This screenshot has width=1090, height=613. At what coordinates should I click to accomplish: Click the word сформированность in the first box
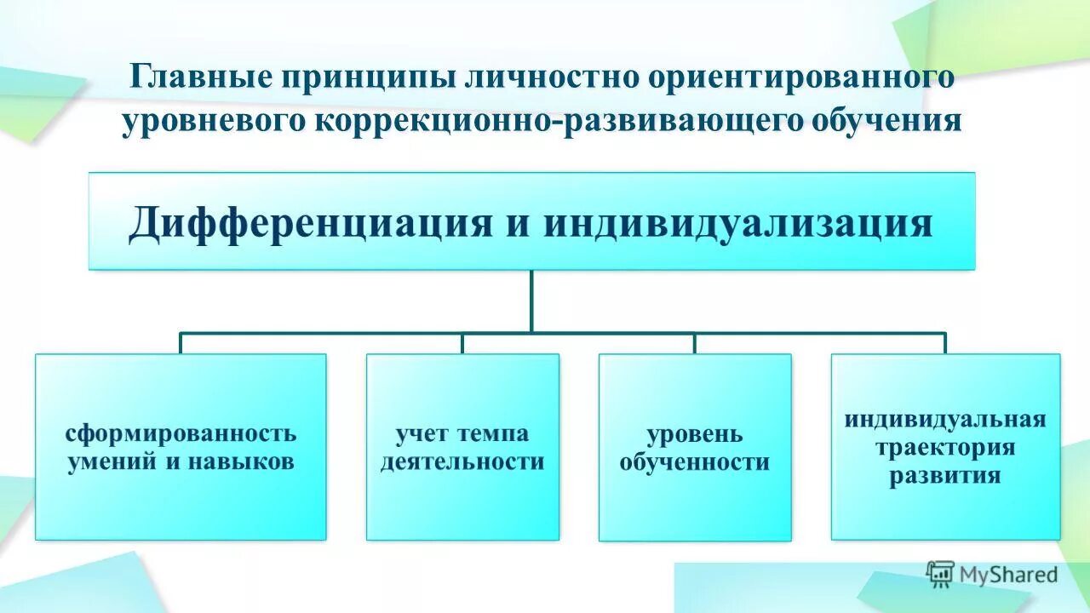click(x=181, y=433)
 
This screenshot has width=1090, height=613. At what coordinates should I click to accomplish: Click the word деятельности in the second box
click(x=462, y=462)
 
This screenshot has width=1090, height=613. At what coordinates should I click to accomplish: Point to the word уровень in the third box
click(x=694, y=434)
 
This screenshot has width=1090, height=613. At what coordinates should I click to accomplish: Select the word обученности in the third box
click(x=694, y=463)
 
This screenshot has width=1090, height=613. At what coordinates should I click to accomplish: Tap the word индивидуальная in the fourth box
click(x=945, y=420)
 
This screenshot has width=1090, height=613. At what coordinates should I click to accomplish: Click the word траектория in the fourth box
click(x=945, y=448)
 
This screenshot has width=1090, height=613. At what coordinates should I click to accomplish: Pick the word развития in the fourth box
click(x=945, y=476)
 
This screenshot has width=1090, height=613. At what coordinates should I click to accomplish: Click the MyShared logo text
click(x=1008, y=575)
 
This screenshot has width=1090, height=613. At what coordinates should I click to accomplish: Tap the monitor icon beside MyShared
click(x=940, y=574)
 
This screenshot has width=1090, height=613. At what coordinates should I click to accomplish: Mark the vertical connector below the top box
click(x=531, y=301)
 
